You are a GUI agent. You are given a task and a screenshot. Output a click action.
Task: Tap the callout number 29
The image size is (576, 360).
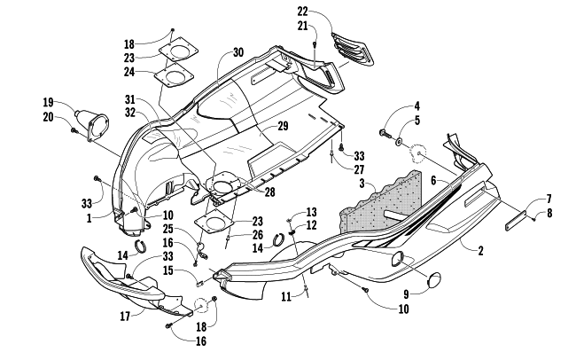pyautogui.click(x=284, y=127)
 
